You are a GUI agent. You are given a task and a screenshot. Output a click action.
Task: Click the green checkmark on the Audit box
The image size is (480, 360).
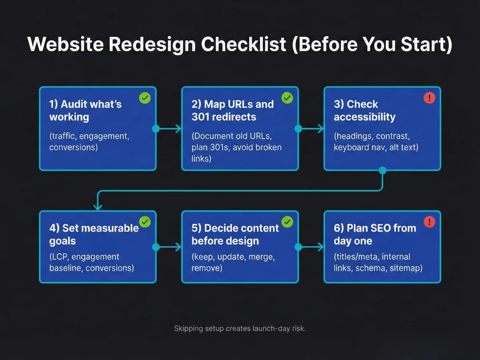tap(145, 98)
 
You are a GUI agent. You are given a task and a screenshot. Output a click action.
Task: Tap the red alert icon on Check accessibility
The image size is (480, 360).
tap(429, 98)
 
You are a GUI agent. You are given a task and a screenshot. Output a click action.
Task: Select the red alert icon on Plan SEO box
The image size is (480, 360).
tap(429, 222)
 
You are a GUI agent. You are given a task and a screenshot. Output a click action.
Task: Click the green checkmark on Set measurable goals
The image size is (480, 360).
tap(145, 222)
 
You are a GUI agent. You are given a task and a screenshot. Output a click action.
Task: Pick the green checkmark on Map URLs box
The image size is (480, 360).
tap(287, 98)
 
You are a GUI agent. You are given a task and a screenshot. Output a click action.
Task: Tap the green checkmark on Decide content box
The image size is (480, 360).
tap(287, 222)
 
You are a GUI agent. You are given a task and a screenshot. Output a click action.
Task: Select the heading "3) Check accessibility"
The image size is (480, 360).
tap(364, 111)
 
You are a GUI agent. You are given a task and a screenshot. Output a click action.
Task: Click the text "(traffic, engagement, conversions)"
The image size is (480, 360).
tap(89, 142)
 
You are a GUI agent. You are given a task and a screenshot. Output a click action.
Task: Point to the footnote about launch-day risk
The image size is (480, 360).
tap(240, 328)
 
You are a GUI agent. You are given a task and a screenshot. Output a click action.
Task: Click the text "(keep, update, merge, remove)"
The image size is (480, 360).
tap(233, 262)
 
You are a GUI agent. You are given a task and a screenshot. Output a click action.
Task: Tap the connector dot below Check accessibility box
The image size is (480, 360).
tap(382, 171)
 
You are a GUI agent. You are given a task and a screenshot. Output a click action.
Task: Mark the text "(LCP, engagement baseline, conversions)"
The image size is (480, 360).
tap(92, 262)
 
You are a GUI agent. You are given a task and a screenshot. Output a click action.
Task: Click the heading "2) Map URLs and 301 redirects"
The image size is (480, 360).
tap(232, 111)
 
